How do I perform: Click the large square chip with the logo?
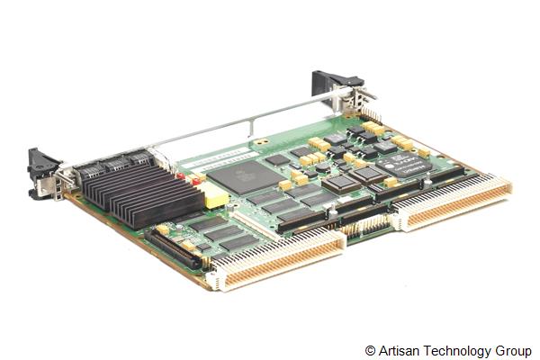pyautogui.click(x=238, y=175)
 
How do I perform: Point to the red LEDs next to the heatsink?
pyautogui.click(x=193, y=181)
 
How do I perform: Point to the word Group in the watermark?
pyautogui.click(x=513, y=349)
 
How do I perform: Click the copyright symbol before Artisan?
pyautogui.click(x=371, y=349)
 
